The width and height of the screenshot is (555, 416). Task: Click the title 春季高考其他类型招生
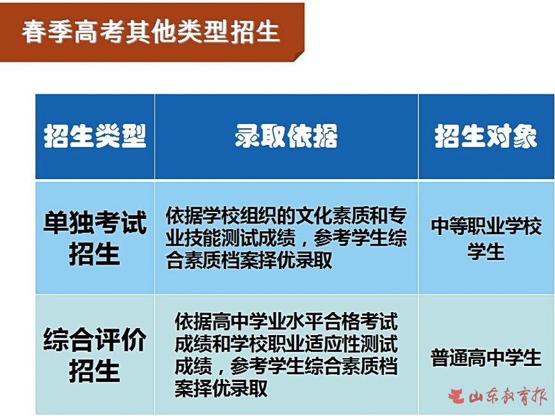(x=151, y=31)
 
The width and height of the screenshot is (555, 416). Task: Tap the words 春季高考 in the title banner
(x=72, y=31)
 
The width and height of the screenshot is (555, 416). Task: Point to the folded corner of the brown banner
(x=299, y=56)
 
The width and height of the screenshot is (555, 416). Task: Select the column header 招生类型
(x=95, y=136)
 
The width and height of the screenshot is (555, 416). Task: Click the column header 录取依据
(x=286, y=136)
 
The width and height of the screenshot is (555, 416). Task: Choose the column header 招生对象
(x=486, y=136)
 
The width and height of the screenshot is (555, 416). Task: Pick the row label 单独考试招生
(x=95, y=238)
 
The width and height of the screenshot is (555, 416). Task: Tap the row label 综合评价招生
(x=95, y=355)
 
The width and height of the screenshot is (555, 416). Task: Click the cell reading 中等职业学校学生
(x=486, y=238)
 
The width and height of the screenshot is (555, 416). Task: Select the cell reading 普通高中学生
(x=486, y=357)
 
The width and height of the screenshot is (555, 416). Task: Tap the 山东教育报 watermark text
(x=508, y=396)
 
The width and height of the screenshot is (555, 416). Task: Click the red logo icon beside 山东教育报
(x=456, y=396)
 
